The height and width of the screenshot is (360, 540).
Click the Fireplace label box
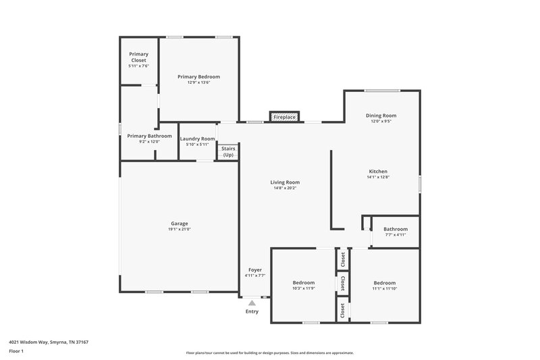[x=284, y=118]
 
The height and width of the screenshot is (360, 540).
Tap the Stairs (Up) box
[x=228, y=151]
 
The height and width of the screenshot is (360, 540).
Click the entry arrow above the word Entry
[x=252, y=303]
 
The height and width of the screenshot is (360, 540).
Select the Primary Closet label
[x=138, y=57]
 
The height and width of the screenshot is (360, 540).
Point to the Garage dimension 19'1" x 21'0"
[x=179, y=230]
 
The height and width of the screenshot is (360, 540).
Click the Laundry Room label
[x=197, y=139]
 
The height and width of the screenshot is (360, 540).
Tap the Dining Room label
[x=381, y=115]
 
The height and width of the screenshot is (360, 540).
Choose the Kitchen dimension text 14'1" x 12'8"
[x=378, y=177]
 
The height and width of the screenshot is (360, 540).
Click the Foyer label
[x=255, y=270]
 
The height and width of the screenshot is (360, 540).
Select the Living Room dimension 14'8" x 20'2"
[x=285, y=188]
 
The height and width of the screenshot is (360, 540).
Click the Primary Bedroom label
[x=198, y=77]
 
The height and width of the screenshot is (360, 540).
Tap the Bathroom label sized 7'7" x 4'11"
[x=396, y=229]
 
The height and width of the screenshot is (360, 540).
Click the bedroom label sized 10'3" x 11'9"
[x=304, y=282]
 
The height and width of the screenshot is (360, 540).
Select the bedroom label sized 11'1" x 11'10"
[x=384, y=282]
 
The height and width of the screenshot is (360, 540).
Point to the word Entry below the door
[x=252, y=311]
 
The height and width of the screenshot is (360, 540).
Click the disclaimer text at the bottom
[x=269, y=353]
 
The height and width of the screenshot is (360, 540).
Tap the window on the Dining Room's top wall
[x=382, y=91]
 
